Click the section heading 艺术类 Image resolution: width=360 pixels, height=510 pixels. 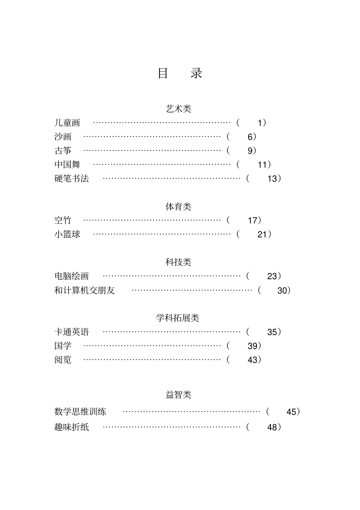pos(178,109)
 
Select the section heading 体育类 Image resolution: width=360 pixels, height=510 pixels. pos(178,207)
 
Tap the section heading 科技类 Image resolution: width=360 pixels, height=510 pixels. pos(178,262)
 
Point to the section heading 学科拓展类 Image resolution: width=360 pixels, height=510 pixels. pos(178,318)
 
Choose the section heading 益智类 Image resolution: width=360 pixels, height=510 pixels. pos(178,395)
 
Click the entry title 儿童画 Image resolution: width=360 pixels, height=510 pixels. pos(67,123)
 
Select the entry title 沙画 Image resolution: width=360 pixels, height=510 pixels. pos(63,137)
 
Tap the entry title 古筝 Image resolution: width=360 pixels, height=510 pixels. pos(63,151)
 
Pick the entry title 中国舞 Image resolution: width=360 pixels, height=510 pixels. pos(67,165)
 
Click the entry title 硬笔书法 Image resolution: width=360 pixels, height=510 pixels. pos(72,179)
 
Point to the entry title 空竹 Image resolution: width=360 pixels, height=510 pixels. pos(63,220)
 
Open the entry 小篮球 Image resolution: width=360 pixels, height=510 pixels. pos(67,234)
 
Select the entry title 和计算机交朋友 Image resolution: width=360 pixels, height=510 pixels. pos(85,290)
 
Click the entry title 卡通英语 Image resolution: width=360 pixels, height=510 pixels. pos(72,332)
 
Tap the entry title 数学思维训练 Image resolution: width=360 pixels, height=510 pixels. pos(80,412)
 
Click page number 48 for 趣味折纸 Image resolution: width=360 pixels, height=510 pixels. pos(272,427)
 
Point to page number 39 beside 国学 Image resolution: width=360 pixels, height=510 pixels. pos(252,346)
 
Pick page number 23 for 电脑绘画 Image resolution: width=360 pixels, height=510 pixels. pos(272,276)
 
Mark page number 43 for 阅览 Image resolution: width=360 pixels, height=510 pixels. pos(252,360)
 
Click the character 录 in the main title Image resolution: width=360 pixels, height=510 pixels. pos(196,73)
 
